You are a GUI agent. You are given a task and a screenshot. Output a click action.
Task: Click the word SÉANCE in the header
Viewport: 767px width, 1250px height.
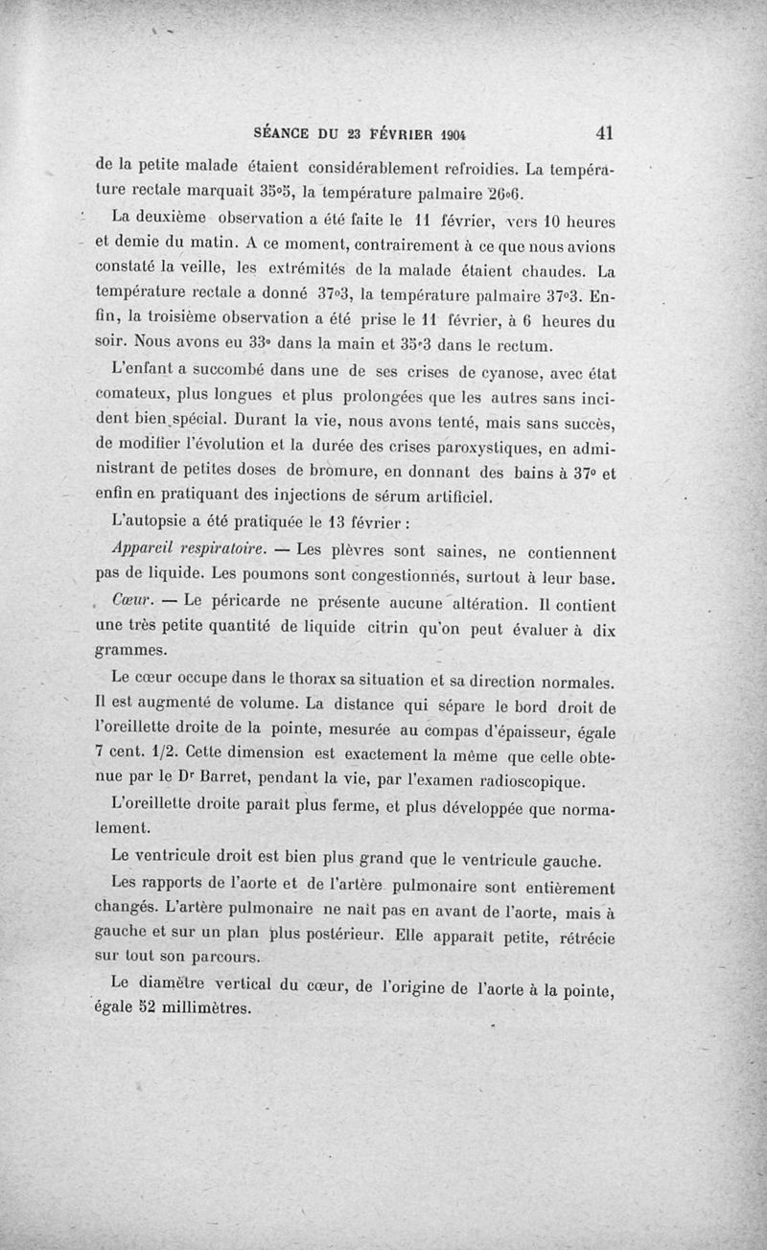coord(278,134)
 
